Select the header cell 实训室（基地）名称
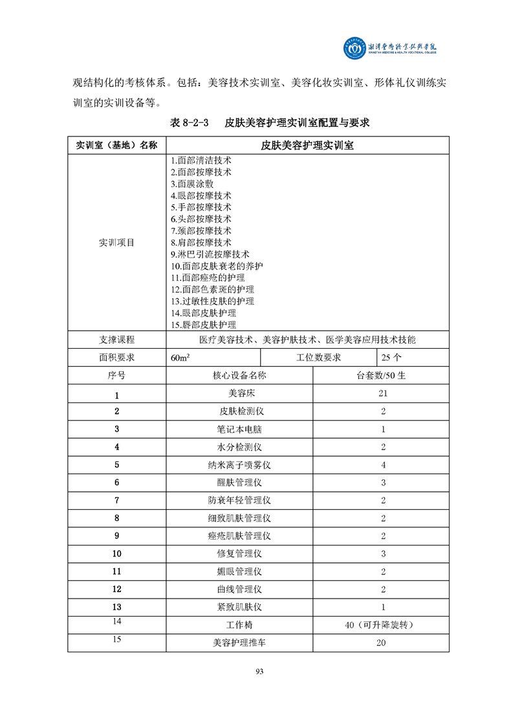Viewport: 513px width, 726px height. (116, 145)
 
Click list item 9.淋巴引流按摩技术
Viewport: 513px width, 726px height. (210, 254)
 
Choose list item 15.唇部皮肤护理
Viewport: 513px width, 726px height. (203, 325)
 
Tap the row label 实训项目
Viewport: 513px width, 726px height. (116, 243)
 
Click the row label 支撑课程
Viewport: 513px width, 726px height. (116, 340)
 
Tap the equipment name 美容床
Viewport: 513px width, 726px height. (239, 393)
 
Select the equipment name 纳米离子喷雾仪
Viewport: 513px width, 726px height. (239, 465)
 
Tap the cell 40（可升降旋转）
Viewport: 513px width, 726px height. (380, 625)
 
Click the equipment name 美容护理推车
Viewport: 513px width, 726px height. (239, 643)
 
